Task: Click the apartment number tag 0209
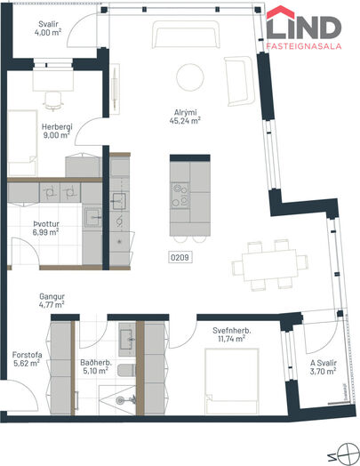180,257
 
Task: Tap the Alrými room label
186,113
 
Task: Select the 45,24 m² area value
185,120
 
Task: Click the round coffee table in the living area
190,77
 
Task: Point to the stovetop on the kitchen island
180,195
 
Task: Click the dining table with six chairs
269,265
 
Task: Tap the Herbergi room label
57,127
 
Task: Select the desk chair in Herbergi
53,101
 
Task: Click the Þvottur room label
46,224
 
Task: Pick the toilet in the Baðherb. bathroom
126,370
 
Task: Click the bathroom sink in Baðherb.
127,339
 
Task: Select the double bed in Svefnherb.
231,382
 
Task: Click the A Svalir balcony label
324,363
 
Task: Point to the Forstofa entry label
27,355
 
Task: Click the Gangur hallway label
52,296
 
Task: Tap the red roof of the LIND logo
280,12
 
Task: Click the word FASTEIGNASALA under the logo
304,46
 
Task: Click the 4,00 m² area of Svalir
48,32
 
